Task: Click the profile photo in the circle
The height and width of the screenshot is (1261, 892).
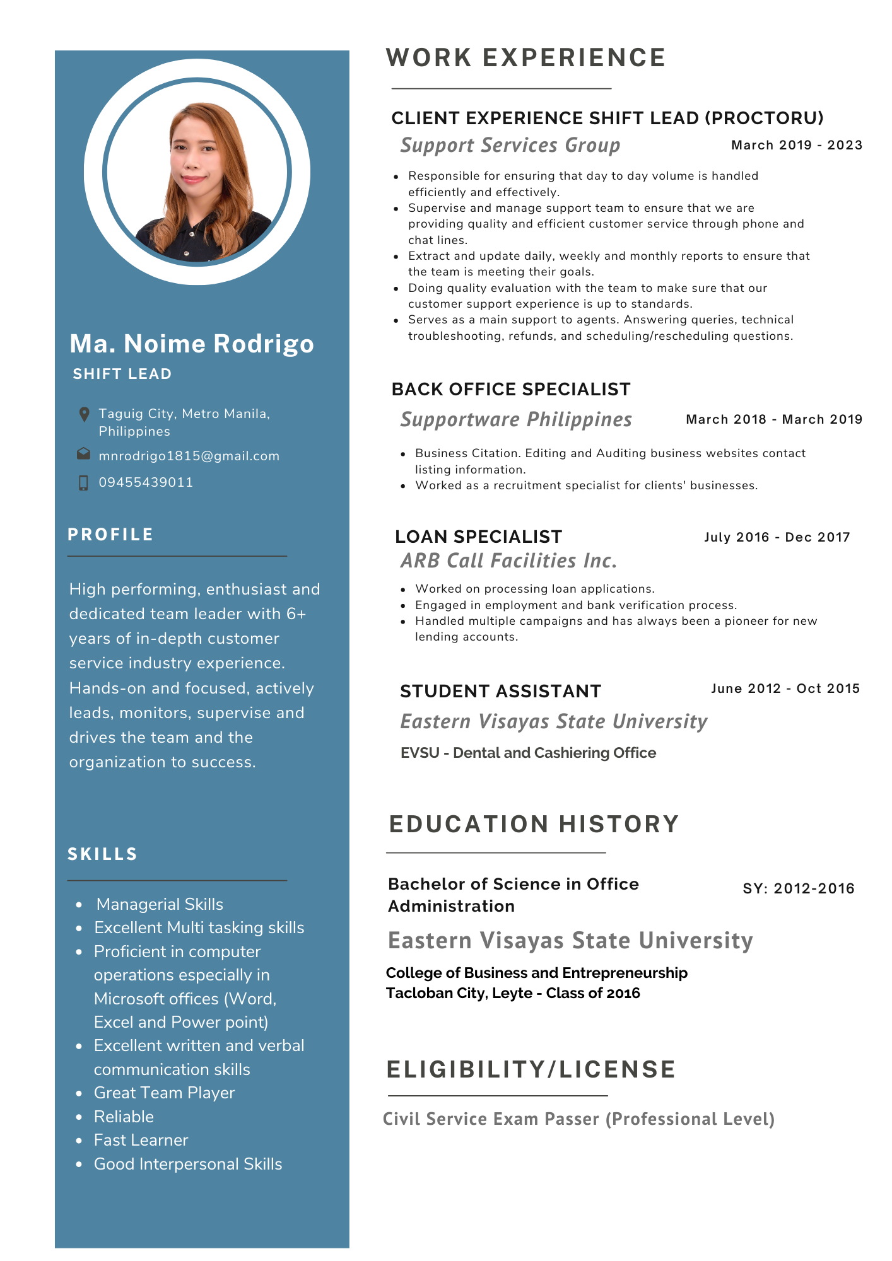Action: [x=197, y=172]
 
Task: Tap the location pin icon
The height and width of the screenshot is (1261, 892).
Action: [x=84, y=414]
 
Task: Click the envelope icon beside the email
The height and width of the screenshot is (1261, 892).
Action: [x=83, y=454]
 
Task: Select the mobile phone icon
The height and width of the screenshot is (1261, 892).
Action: [x=83, y=483]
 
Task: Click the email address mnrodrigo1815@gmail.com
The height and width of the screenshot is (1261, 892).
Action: [x=189, y=456]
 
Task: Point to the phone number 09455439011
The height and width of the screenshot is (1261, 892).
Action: [x=146, y=482]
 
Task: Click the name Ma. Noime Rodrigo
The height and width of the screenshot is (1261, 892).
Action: [x=192, y=344]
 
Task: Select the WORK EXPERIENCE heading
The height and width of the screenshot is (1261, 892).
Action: [x=525, y=58]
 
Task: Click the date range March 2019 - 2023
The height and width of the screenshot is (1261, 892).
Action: [x=796, y=145]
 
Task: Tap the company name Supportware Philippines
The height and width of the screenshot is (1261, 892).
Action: [x=516, y=419]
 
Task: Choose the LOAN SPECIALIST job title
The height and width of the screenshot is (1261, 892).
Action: [x=478, y=537]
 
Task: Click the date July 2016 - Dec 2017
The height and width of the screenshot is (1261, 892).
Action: [x=777, y=537]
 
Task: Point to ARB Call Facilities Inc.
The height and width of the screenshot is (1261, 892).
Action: [x=508, y=561]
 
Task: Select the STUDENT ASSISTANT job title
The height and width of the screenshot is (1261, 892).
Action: [x=500, y=691]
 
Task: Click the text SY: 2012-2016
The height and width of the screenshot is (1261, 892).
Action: [x=798, y=888]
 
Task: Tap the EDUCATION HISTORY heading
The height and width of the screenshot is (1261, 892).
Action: [x=534, y=824]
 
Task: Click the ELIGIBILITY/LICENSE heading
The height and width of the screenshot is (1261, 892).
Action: [x=531, y=1069]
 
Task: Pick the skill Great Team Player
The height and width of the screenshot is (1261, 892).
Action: [x=164, y=1093]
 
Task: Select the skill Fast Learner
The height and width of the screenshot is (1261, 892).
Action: [x=141, y=1140]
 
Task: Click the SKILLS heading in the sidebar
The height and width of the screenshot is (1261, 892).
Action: [x=103, y=854]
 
